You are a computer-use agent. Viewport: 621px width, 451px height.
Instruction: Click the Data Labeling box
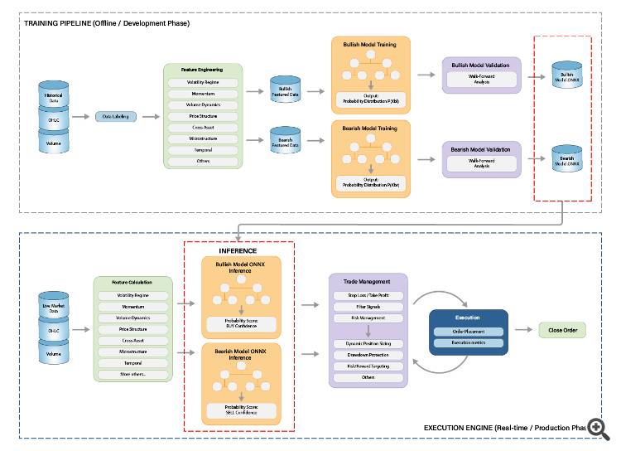pyautogui.click(x=118, y=117)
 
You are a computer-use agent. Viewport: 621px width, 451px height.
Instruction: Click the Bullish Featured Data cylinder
pyautogui.click(x=286, y=91)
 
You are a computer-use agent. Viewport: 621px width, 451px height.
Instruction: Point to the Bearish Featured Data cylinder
pyautogui.click(x=286, y=142)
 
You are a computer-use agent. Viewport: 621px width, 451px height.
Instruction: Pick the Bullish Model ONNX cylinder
pyautogui.click(x=567, y=75)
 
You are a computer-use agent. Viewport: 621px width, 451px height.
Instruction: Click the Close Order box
pyautogui.click(x=562, y=330)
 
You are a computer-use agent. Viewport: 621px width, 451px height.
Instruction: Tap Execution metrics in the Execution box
pyautogui.click(x=468, y=342)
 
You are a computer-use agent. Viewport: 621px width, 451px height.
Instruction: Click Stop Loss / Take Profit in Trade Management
pyautogui.click(x=368, y=295)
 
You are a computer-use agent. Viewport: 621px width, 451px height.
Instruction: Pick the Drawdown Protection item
pyautogui.click(x=368, y=354)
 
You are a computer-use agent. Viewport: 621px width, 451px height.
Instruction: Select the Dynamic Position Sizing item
pyautogui.click(x=368, y=342)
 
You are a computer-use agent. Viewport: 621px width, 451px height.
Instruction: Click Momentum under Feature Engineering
pyautogui.click(x=205, y=95)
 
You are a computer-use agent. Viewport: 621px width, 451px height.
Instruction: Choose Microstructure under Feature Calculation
pyautogui.click(x=133, y=351)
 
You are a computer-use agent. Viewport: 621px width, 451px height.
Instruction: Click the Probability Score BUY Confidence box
pyautogui.click(x=242, y=323)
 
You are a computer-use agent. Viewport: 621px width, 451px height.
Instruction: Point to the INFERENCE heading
pyautogui.click(x=238, y=250)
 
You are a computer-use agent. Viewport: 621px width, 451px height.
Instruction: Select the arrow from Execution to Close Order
pyautogui.click(x=523, y=330)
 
